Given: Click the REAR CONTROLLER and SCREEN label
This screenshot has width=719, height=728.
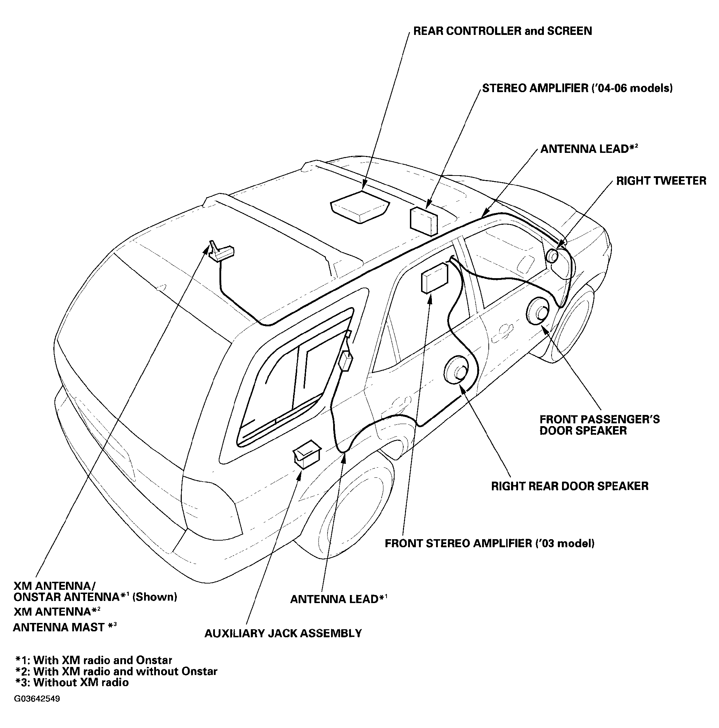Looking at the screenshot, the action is pyautogui.click(x=502, y=31).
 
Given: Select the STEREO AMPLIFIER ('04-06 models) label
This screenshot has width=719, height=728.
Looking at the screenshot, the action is pyautogui.click(x=577, y=88).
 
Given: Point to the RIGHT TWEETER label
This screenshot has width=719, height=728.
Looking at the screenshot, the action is pyautogui.click(x=661, y=181).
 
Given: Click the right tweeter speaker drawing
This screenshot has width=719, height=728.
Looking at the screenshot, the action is pyautogui.click(x=553, y=256).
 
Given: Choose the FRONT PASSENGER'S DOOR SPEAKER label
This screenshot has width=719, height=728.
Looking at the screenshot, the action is pyautogui.click(x=600, y=425).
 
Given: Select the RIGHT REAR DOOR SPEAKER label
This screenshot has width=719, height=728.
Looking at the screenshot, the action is pyautogui.click(x=570, y=486).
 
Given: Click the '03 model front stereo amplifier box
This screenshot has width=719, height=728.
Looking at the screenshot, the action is pyautogui.click(x=435, y=278).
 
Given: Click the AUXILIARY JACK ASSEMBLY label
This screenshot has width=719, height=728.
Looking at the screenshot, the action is pyautogui.click(x=283, y=633).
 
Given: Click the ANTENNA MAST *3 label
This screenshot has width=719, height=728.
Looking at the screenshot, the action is pyautogui.click(x=65, y=627).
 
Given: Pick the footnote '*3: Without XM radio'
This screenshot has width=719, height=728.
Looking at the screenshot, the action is pyautogui.click(x=72, y=682).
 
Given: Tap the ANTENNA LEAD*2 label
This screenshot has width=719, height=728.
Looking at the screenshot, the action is pyautogui.click(x=589, y=149).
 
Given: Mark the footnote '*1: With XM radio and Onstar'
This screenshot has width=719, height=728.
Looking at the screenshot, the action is pyautogui.click(x=93, y=660).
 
